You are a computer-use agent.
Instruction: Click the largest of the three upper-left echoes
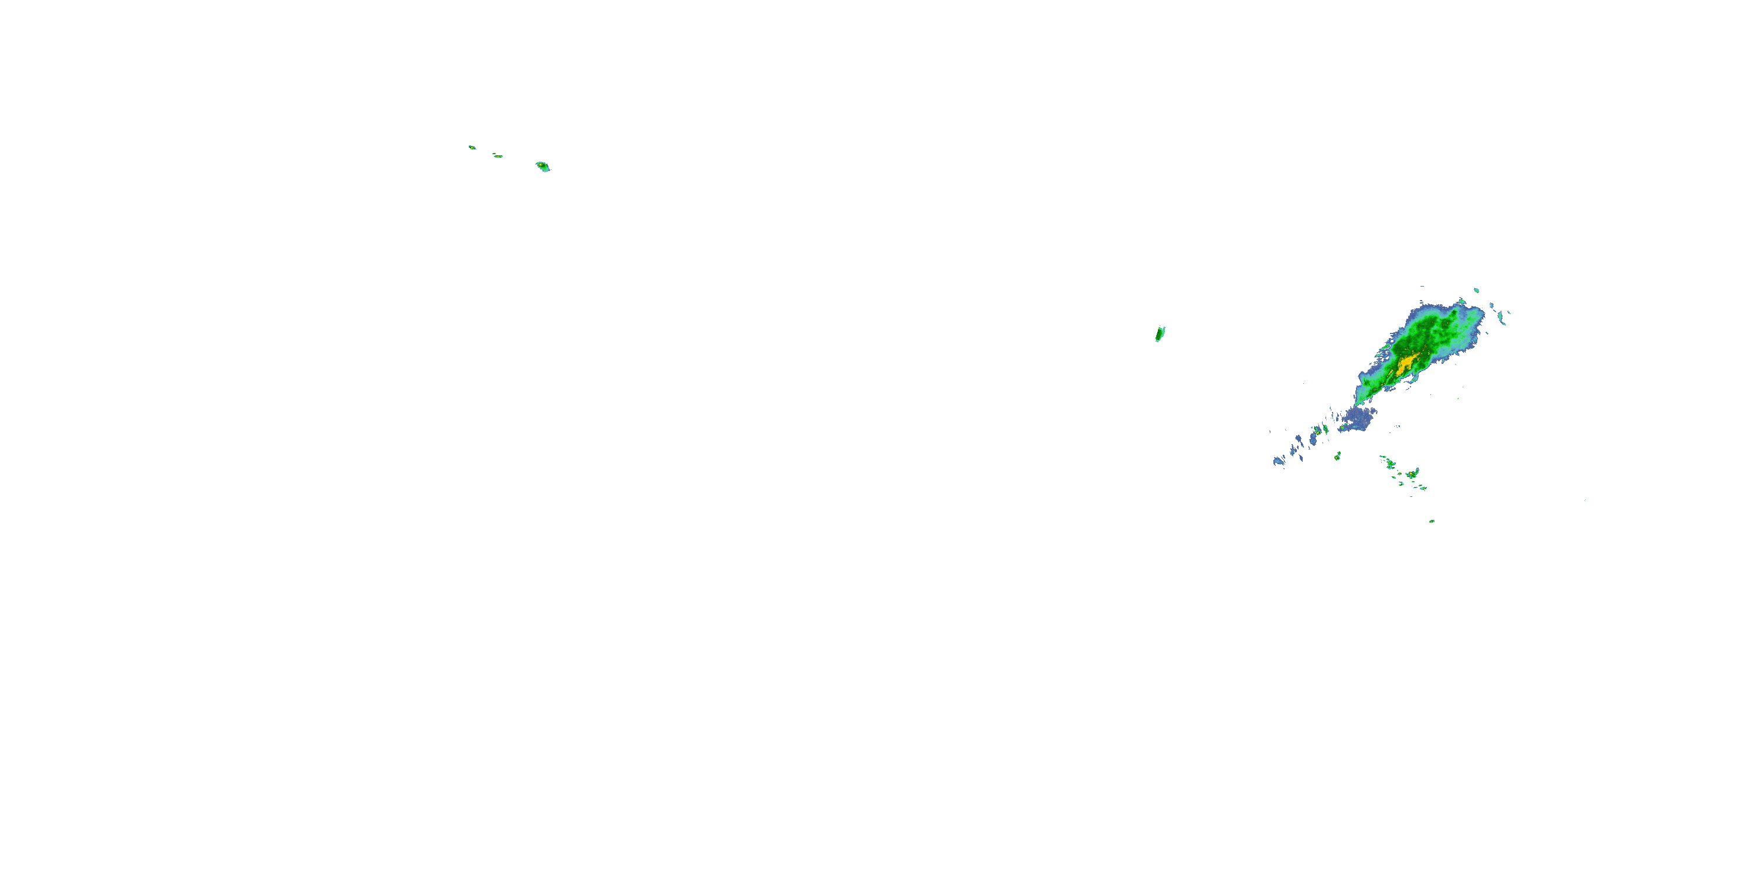(543, 166)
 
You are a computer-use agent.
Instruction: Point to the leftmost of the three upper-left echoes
(472, 146)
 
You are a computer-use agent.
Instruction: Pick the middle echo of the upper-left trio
(498, 156)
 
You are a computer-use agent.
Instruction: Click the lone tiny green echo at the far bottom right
(1432, 522)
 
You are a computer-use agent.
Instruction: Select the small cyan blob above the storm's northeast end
(1476, 290)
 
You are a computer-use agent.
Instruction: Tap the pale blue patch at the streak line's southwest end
(1278, 461)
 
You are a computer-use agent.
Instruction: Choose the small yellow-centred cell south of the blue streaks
(1338, 455)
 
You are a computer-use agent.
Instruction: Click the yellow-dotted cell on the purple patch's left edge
(1343, 428)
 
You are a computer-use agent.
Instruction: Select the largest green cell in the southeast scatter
(1411, 473)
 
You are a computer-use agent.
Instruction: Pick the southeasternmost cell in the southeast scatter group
(1423, 488)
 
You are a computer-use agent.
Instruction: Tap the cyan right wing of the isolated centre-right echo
(1163, 331)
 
